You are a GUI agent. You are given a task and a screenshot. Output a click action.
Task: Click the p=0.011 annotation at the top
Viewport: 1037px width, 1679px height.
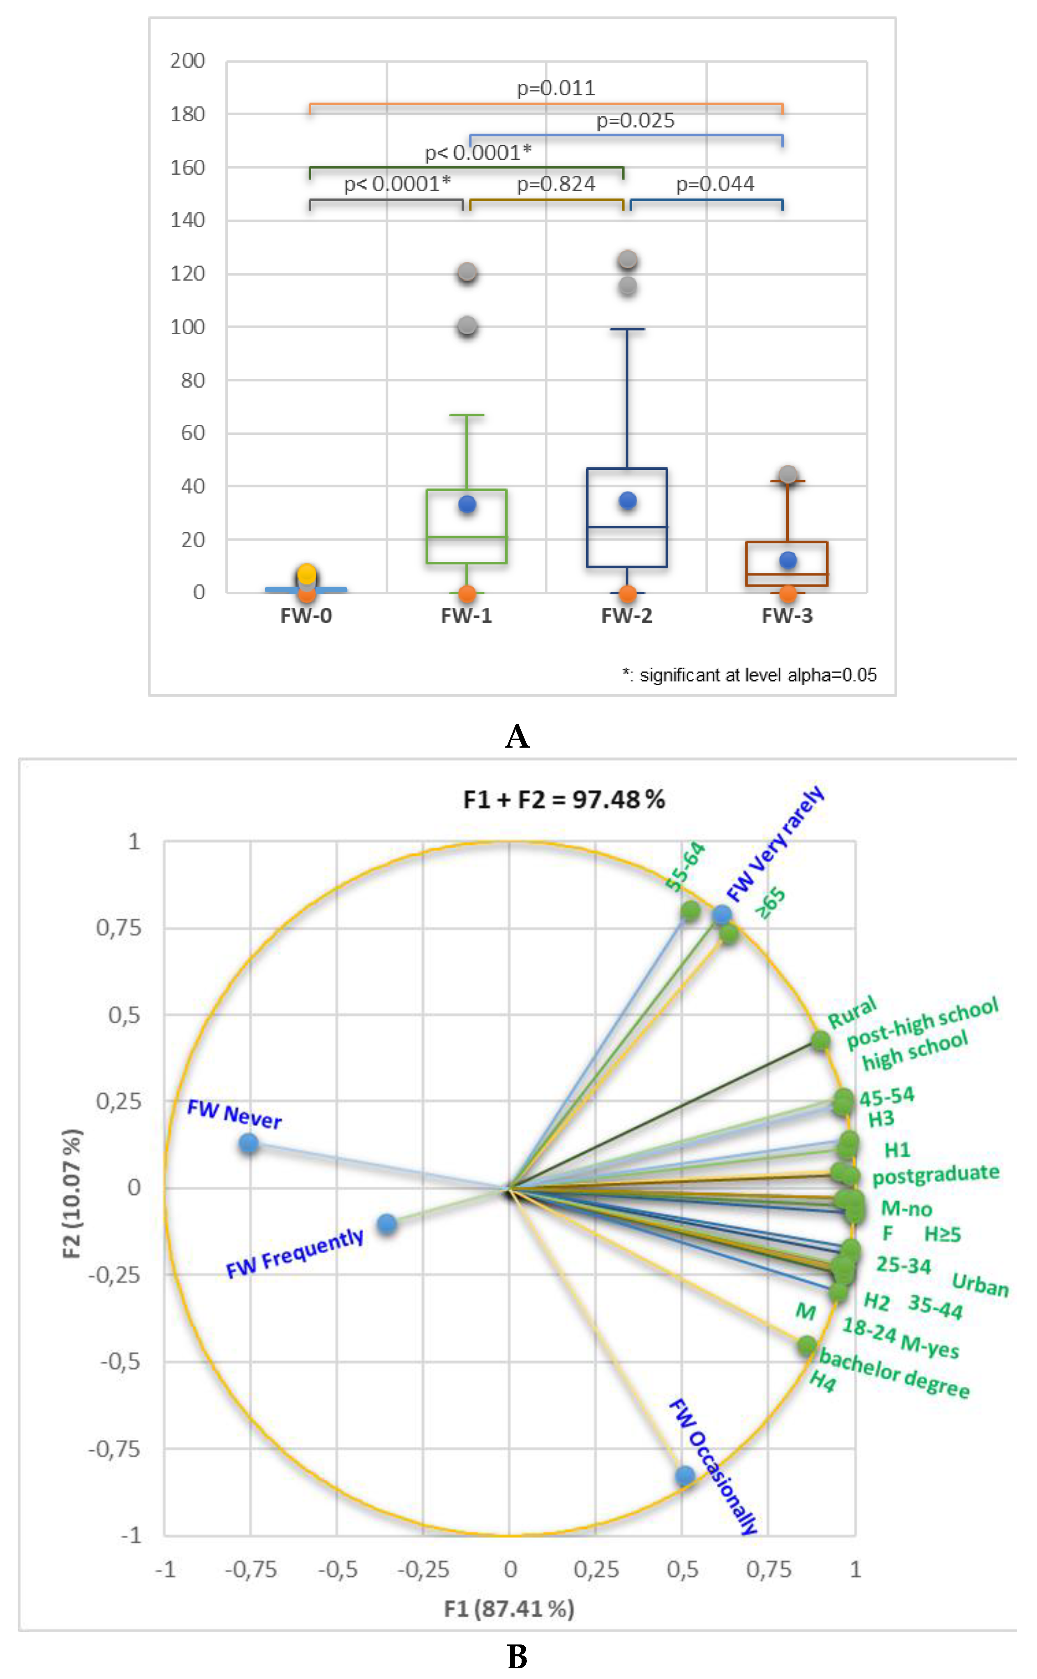tap(556, 88)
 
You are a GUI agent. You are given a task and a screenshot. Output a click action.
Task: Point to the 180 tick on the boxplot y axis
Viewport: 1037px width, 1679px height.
tap(188, 114)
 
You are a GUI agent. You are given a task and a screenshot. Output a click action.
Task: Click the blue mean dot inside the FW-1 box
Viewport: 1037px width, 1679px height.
tap(467, 505)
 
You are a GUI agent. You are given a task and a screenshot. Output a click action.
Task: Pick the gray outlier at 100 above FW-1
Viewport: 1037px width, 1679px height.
tap(467, 326)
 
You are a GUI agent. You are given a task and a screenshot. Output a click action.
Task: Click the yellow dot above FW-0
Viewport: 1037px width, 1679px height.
tap(307, 573)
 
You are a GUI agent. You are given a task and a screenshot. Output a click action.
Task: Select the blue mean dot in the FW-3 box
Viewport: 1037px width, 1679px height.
tap(788, 560)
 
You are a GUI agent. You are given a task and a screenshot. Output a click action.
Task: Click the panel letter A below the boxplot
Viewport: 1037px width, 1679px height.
tap(517, 737)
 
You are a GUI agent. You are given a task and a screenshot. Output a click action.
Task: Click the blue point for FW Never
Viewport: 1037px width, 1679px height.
tap(249, 1143)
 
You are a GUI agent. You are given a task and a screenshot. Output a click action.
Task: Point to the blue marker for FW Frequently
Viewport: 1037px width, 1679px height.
tap(387, 1224)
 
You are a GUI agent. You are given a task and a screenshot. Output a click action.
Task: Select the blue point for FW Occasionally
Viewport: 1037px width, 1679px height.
tap(684, 1475)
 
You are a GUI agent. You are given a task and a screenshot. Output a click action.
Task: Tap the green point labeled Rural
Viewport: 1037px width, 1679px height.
tap(820, 1040)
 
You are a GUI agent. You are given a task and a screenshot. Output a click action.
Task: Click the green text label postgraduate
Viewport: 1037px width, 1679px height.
tap(935, 1174)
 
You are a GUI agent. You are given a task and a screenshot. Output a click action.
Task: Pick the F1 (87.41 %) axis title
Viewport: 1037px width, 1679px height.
tap(509, 1608)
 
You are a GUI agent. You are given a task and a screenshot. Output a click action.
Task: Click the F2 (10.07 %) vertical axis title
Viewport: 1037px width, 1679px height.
tap(72, 1194)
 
